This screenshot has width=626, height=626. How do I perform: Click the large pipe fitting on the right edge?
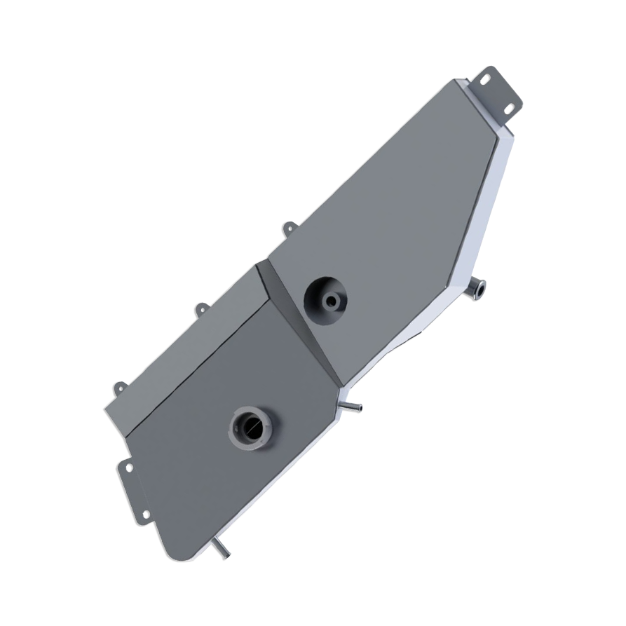click(479, 286)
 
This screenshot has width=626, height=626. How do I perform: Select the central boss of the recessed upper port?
click(330, 300)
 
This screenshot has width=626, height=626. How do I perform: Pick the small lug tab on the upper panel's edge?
click(287, 227)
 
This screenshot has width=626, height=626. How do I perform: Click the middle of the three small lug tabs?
click(201, 308)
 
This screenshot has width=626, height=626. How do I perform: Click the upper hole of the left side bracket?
click(127, 465)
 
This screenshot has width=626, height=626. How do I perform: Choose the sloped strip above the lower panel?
click(189, 343)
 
